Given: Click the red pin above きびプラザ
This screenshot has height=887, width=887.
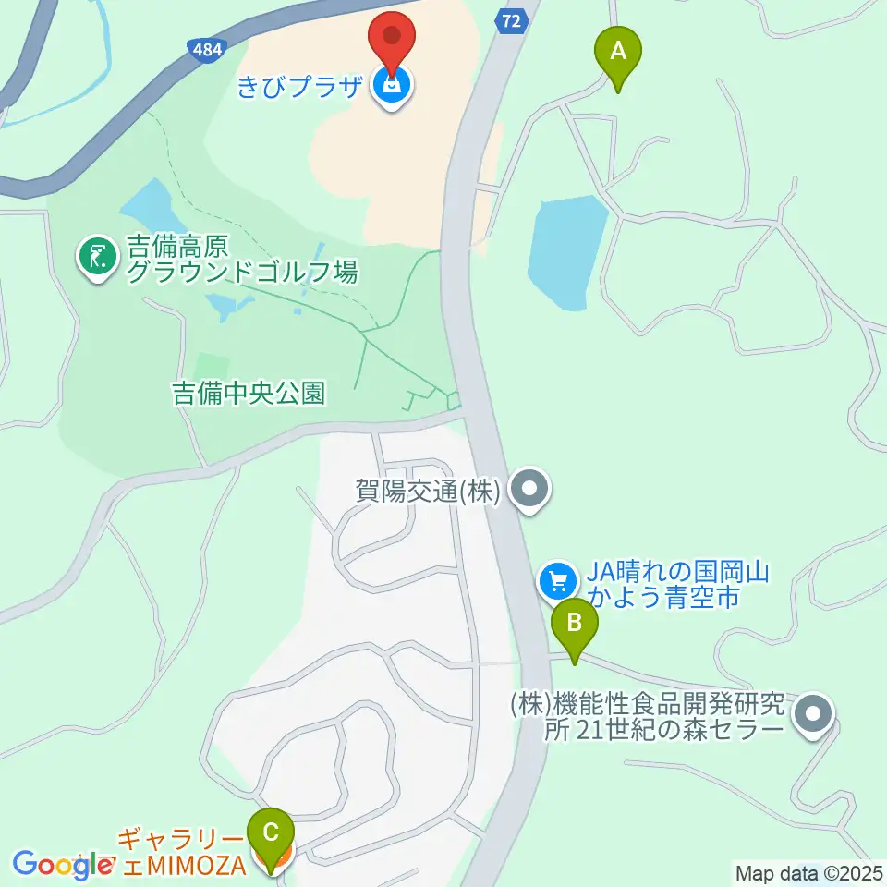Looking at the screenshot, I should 392,40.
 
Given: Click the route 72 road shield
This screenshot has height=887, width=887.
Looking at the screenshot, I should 513,20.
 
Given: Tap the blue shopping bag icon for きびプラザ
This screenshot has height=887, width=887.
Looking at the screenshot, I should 392,88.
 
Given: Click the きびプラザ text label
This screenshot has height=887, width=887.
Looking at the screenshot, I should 300,89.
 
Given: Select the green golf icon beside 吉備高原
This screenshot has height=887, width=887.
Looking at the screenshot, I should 97,259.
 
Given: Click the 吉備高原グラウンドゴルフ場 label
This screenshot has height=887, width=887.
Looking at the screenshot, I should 240,260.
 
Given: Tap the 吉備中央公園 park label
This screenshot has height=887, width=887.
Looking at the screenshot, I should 249,394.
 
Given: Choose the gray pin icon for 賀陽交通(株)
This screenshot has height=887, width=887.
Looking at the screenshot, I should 530,491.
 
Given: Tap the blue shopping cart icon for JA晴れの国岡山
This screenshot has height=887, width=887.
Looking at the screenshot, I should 557,581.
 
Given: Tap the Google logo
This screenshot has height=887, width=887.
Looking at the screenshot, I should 61,865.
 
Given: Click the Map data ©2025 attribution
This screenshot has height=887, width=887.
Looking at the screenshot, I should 809,872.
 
